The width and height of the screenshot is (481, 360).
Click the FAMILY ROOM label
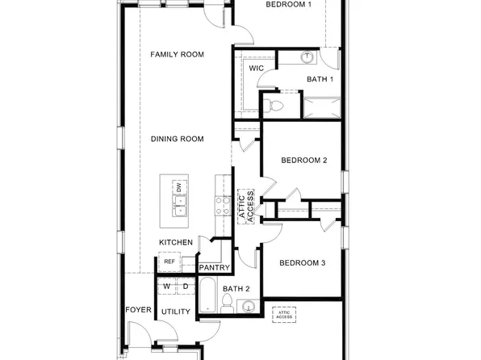pos(177,55)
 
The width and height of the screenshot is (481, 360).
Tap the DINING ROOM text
pos(177,139)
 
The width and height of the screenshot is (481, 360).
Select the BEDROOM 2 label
pos(303,161)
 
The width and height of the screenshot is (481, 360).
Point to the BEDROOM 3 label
pos(302,263)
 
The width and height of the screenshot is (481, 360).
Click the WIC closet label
pos(256,69)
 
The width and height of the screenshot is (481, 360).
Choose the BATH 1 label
pos(320,79)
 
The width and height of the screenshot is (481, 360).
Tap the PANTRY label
pos(214,268)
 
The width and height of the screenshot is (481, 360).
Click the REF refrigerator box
pos(169,262)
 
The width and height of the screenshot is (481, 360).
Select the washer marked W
pos(167,287)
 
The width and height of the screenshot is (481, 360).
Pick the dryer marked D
pos(185,287)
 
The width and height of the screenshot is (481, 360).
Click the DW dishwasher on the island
pos(178,188)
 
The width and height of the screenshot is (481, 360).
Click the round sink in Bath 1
pos(307,57)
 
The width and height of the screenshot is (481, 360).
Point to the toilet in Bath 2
pos(228,303)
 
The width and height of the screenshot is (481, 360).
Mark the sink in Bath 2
pos(248,306)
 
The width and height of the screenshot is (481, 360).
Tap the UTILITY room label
pos(175,312)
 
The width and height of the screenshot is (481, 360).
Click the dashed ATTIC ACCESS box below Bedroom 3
pos(284,314)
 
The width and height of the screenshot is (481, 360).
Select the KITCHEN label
pos(175,242)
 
